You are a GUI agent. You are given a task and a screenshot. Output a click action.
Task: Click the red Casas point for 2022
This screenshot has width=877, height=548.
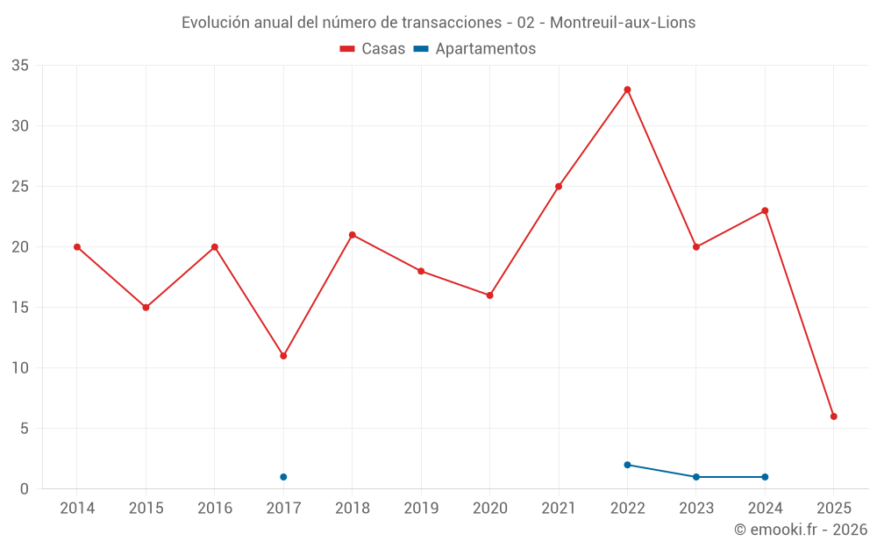627,89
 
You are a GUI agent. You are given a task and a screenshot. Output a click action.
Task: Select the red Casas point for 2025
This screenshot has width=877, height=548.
834,416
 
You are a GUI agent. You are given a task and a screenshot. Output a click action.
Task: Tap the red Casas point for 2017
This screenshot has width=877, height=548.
283,356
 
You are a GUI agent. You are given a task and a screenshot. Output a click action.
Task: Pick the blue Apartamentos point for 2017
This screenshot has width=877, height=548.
283,477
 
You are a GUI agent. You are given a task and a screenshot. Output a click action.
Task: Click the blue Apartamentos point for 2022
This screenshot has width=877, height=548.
627,465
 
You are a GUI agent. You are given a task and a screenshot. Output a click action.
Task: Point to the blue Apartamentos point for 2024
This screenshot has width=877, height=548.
765,477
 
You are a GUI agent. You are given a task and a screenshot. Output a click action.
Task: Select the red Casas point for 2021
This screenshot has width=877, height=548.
559,186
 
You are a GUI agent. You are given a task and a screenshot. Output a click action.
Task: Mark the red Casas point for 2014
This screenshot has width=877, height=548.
77,247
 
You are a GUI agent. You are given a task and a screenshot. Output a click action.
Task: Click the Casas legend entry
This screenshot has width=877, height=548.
373,49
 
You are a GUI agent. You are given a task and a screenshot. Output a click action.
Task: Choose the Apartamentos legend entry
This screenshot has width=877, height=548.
474,49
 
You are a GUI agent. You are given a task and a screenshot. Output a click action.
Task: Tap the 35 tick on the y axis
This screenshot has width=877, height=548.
20,66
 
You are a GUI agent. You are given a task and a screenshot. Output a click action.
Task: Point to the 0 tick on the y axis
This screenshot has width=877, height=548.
25,489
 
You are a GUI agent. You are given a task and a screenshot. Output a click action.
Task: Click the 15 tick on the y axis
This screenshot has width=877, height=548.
20,308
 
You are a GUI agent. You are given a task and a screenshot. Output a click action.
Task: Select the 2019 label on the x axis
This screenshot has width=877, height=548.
421,509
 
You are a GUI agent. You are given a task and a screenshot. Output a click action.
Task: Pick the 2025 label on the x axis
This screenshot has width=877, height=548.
834,509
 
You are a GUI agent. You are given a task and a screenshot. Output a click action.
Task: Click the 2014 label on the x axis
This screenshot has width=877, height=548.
77,509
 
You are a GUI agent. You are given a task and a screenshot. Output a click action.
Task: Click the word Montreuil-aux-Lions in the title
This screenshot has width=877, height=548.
623,23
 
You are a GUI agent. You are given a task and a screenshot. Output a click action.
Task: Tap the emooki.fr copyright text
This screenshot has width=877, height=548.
801,530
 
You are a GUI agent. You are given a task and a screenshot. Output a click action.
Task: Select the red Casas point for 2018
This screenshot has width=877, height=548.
352,235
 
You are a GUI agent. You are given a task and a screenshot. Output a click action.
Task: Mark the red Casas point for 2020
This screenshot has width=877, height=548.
489,295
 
